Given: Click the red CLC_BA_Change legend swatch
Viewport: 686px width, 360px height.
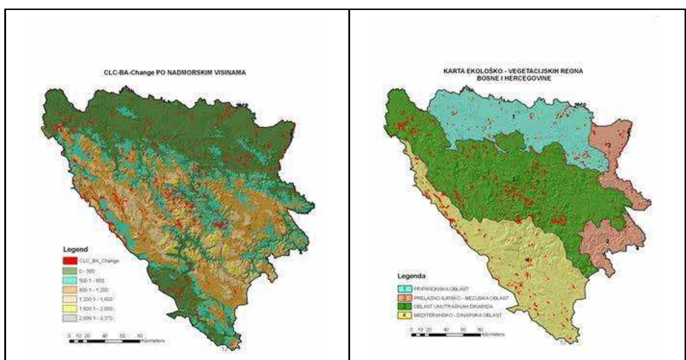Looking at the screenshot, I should point(70,261).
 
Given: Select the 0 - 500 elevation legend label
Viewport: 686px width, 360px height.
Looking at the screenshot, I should point(87,271).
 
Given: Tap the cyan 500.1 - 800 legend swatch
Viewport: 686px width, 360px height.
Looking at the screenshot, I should point(70,281).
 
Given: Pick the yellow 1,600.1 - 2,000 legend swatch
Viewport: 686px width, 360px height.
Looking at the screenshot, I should point(70,309).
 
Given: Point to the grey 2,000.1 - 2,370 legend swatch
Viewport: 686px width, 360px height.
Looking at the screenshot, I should point(70,318).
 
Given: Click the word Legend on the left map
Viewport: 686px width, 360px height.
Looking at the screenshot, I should point(75,250).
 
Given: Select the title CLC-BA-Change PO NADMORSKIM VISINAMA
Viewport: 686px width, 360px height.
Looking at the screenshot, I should point(175,73).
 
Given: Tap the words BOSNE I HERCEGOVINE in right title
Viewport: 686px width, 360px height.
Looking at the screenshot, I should point(514,78).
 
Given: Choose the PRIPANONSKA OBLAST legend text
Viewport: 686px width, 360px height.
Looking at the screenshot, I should point(441,289).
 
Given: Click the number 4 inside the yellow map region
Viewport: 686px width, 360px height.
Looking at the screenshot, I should point(527,260).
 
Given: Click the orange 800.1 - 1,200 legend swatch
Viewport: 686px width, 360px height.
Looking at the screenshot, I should point(70,290).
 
